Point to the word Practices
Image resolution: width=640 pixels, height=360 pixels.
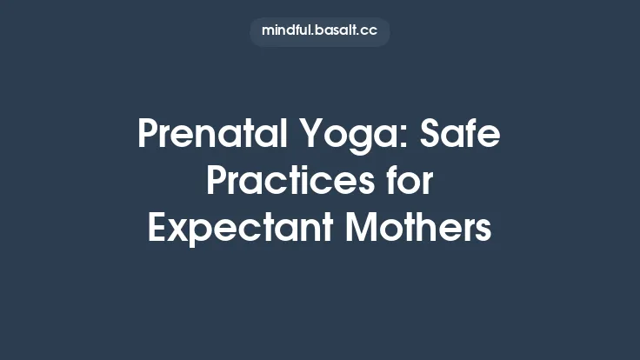click(286, 183)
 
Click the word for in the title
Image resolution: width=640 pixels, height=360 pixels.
click(408, 183)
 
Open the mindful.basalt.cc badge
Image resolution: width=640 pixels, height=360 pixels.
click(319, 31)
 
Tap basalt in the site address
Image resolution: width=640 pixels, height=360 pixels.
click(337, 31)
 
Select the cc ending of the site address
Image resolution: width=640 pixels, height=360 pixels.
click(370, 31)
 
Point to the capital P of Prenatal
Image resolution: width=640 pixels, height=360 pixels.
click(147, 137)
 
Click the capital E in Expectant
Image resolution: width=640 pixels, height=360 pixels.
click(157, 229)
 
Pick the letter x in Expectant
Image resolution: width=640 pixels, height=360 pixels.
click(178, 231)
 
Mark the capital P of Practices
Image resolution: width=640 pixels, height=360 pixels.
click(217, 183)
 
